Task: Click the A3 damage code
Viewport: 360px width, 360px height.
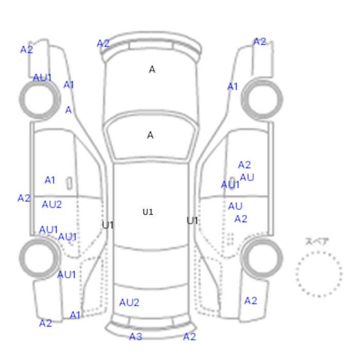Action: (x=136, y=337)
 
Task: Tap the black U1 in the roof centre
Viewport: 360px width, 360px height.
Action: (x=148, y=212)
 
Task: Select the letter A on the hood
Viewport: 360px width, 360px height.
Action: (x=152, y=69)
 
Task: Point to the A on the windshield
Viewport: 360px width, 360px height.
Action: (x=150, y=135)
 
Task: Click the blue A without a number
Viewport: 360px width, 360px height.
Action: (x=68, y=110)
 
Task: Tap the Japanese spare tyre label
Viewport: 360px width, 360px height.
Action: (x=317, y=242)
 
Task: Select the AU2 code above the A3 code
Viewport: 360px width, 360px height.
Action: (x=129, y=302)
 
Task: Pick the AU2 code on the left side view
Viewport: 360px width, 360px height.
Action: (x=52, y=204)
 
